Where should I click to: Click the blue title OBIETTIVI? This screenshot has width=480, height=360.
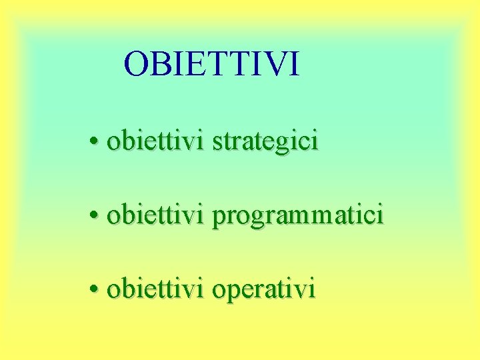(x=212, y=64)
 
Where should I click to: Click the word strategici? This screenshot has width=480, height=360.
(x=265, y=142)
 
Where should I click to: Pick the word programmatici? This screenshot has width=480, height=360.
(x=298, y=216)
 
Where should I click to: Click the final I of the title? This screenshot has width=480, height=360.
(x=295, y=64)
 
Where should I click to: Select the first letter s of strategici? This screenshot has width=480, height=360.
(x=217, y=142)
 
